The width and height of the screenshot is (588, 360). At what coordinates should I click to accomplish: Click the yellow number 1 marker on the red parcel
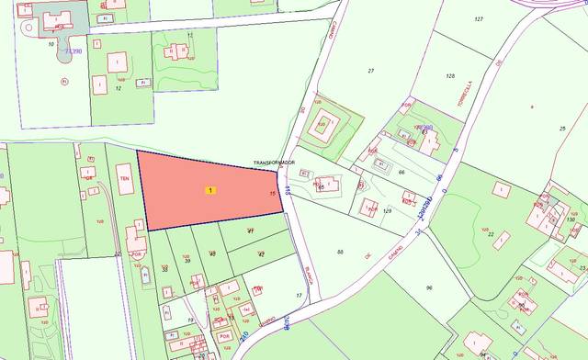point(211,190)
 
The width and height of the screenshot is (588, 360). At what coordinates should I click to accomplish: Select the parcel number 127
point(479,19)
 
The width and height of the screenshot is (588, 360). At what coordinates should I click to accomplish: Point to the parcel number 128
point(450,76)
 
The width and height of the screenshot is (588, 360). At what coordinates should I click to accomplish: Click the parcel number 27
point(371,71)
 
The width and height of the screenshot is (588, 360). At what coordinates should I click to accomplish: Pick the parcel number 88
point(340,252)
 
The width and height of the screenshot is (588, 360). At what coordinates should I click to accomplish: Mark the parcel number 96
point(429,288)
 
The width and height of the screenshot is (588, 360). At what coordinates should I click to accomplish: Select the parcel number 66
point(401,172)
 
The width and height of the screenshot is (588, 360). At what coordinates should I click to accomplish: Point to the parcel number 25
point(561,129)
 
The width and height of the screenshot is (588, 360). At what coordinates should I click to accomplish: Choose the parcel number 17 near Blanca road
point(299,295)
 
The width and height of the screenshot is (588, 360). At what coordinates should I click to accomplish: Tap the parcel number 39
point(187,261)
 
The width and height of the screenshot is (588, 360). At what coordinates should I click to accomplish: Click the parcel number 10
point(51,43)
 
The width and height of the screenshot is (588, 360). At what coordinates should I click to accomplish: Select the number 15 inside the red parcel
point(273,193)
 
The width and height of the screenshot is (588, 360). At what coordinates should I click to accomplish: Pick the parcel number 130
point(571,219)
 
